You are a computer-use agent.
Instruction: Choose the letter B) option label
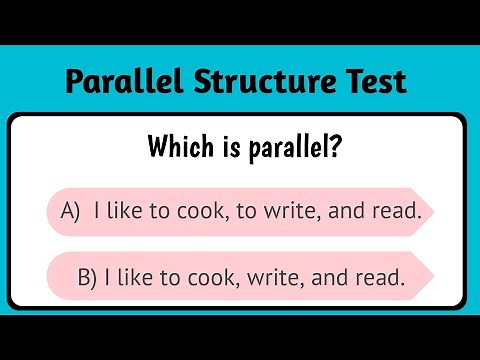tap(88, 277)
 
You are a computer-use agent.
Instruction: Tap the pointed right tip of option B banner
tap(431, 276)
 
